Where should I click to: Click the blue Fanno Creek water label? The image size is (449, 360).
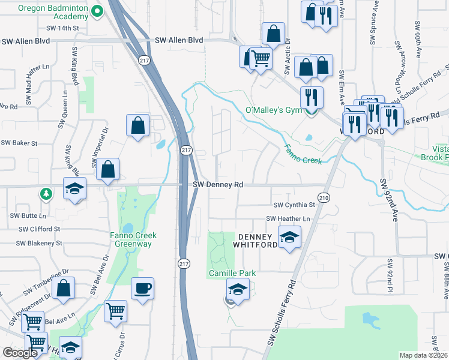[x=303, y=155]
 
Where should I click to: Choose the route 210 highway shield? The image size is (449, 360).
[x=324, y=197]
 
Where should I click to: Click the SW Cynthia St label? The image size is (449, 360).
[x=294, y=205]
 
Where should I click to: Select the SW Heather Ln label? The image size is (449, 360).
[x=289, y=218]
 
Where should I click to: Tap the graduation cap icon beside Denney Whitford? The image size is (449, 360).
[x=289, y=236]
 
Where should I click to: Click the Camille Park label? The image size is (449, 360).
[x=232, y=273]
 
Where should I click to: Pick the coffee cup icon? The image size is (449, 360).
[x=143, y=289]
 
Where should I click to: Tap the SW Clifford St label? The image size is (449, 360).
[x=39, y=229]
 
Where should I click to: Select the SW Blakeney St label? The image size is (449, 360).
[x=39, y=243]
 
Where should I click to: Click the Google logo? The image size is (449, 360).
[x=20, y=352]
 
